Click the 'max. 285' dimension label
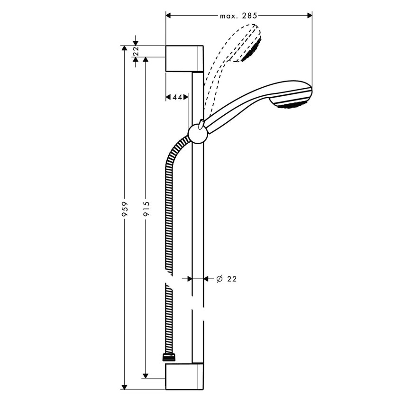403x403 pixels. [x=238, y=16]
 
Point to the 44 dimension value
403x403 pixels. [x=177, y=97]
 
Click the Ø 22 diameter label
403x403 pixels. [x=226, y=279]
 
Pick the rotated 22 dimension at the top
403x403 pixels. [x=136, y=51]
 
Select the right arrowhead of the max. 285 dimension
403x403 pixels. [x=309, y=16]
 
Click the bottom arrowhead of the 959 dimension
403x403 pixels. [x=125, y=386]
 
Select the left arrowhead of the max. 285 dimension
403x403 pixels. [x=169, y=16]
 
